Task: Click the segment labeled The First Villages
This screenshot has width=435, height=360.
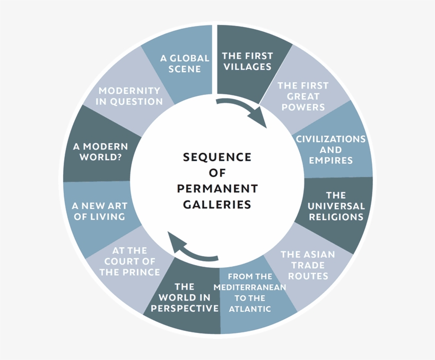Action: [x=247, y=60]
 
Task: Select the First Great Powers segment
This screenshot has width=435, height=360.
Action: [x=303, y=96]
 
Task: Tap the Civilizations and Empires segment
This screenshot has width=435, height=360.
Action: [x=330, y=149]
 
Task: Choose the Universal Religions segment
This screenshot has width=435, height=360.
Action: [x=336, y=206]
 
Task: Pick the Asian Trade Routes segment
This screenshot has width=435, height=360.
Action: [x=308, y=265]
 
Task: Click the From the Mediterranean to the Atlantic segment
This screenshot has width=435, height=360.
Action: [x=250, y=292]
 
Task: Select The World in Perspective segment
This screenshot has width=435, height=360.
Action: [x=184, y=297]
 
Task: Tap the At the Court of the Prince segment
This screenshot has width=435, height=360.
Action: [x=129, y=261]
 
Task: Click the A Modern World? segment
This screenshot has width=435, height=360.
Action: [x=101, y=152]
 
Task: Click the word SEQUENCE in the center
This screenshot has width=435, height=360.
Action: [x=217, y=157]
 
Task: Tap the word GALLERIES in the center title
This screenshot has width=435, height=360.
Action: [x=217, y=204]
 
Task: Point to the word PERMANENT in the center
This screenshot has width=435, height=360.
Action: [x=217, y=189]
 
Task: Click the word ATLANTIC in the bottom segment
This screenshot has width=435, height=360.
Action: [x=250, y=309]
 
